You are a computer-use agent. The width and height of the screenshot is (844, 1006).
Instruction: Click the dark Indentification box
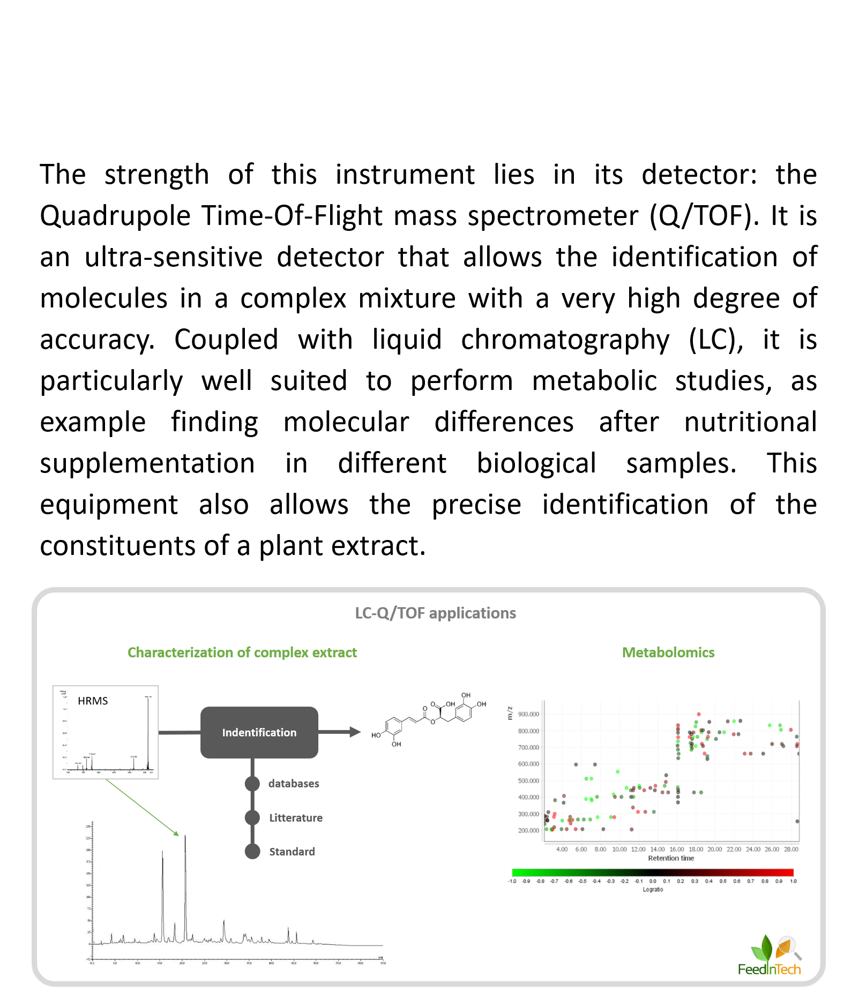pyautogui.click(x=259, y=732)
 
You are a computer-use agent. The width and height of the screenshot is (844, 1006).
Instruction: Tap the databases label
pyautogui.click(x=294, y=783)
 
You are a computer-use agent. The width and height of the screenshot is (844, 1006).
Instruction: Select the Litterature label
pyautogui.click(x=296, y=817)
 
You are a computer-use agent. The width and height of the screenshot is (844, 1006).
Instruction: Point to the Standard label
pyautogui.click(x=292, y=851)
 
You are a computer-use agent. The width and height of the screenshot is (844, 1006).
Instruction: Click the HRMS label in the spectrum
pyautogui.click(x=93, y=701)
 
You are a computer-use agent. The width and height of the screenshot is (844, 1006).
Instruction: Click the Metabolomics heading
pyautogui.click(x=668, y=652)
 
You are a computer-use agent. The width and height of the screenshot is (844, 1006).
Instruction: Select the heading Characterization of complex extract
pyautogui.click(x=242, y=652)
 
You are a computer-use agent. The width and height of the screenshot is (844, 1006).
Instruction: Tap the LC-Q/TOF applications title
pyautogui.click(x=435, y=613)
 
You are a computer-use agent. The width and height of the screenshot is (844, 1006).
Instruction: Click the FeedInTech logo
pyautogui.click(x=770, y=956)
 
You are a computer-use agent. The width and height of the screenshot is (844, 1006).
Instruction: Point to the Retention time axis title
pyautogui.click(x=671, y=858)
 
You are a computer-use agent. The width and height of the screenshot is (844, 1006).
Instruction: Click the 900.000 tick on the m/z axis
pyautogui.click(x=528, y=714)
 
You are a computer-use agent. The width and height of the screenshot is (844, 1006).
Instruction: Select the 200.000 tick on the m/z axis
pyautogui.click(x=528, y=830)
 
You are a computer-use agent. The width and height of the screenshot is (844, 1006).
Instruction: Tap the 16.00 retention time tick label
pyautogui.click(x=677, y=849)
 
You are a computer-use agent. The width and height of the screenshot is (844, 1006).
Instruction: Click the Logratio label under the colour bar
pyautogui.click(x=653, y=889)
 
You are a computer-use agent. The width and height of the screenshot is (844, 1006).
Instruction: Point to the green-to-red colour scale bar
pyautogui.click(x=652, y=873)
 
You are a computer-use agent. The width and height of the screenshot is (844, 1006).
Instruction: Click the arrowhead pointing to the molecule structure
pyautogui.click(x=355, y=732)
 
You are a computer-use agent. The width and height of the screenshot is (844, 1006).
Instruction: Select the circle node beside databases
pyautogui.click(x=252, y=784)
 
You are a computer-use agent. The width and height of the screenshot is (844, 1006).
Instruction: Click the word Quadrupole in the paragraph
pyautogui.click(x=115, y=216)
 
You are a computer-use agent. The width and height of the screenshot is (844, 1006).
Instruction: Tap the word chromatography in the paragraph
pyautogui.click(x=565, y=340)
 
